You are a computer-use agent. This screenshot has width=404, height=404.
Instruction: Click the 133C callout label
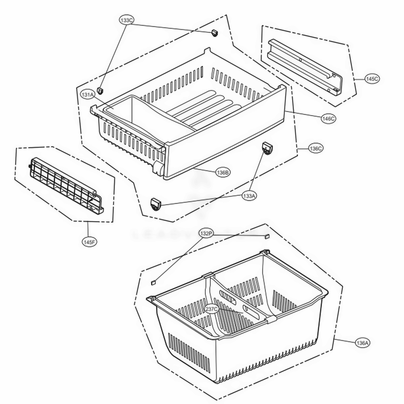[x=126, y=19]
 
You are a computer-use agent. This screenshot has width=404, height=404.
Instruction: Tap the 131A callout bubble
[x=87, y=95]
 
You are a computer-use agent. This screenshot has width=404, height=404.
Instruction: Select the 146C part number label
[x=328, y=118]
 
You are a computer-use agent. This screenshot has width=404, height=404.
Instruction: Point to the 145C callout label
[x=372, y=79]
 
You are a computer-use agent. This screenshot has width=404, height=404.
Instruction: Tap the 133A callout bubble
[x=249, y=196]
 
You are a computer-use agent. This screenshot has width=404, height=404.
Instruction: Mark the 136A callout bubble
[x=362, y=343]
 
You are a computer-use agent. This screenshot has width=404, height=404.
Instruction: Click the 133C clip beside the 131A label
[x=102, y=89]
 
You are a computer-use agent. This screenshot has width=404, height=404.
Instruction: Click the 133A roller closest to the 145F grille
[x=156, y=204]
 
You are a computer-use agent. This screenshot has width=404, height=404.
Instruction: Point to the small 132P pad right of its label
[x=266, y=236]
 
